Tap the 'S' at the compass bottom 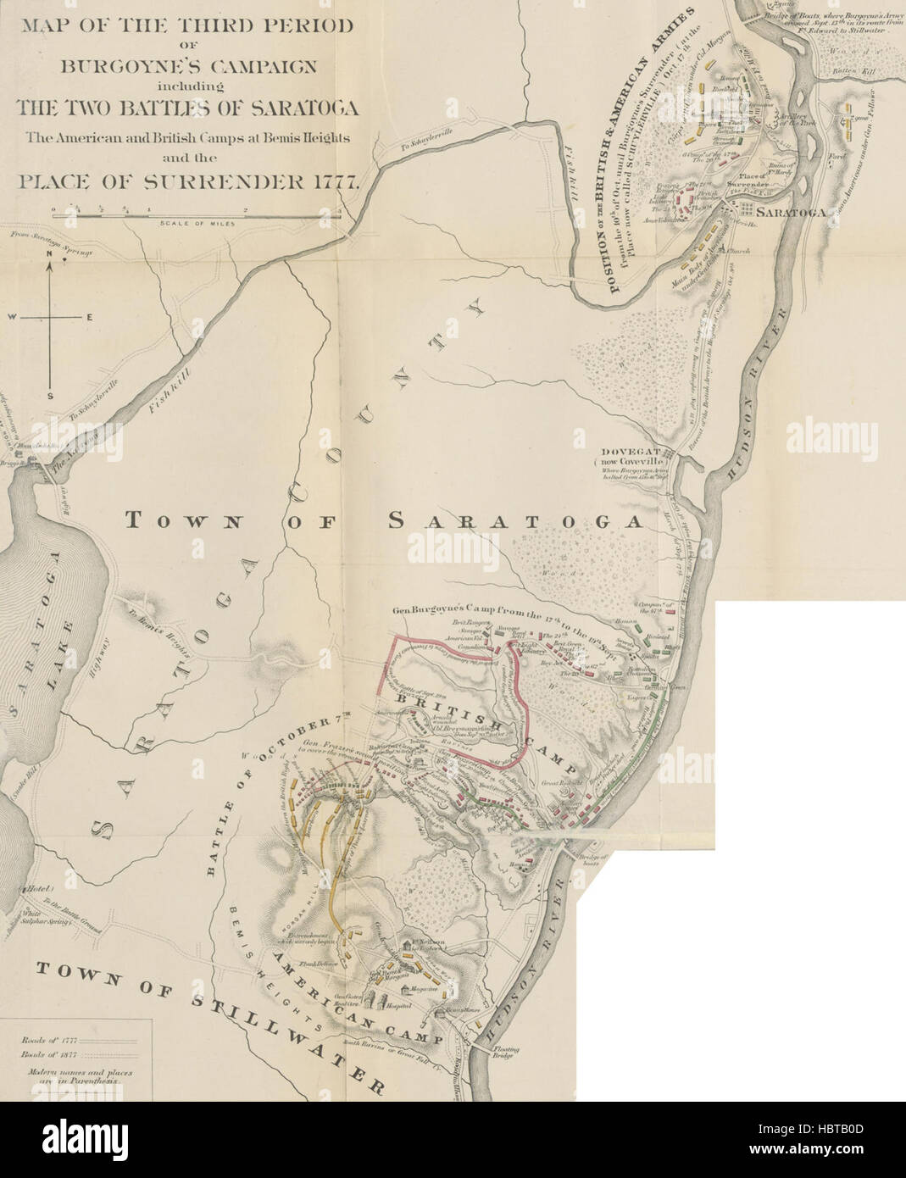[x=51, y=396]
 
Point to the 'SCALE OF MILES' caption [x=194, y=225]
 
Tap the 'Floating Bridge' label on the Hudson [x=506, y=1053]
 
